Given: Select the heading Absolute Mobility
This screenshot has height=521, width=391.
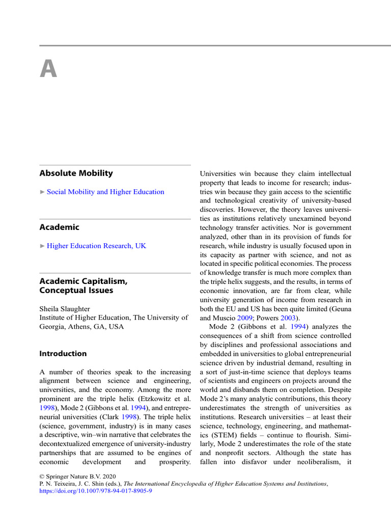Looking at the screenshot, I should tap(76, 173).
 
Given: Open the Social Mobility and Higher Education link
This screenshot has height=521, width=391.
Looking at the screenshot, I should tap(105, 192).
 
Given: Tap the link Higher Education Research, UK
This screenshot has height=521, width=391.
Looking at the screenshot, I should tap(96, 246).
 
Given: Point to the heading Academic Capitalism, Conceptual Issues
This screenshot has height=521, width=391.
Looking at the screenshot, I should tap(83, 285).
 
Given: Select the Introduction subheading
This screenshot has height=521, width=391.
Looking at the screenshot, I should tap(63, 354).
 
